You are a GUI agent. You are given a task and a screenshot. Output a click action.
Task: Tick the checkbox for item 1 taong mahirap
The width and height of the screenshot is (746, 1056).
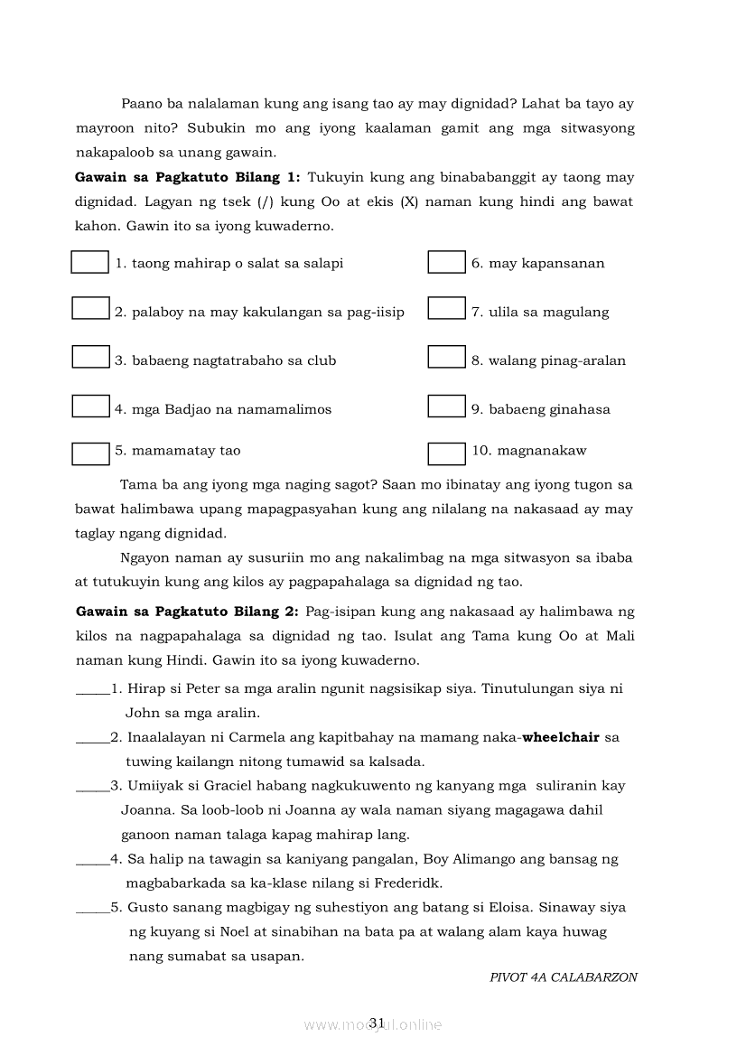point(89,262)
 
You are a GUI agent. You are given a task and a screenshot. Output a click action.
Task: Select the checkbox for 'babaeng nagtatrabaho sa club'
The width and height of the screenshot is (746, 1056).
point(90,357)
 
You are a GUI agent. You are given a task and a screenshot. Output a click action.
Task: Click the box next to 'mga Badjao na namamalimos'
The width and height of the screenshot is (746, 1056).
point(90,406)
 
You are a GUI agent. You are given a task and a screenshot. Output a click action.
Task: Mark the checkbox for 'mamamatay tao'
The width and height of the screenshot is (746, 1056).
point(90,453)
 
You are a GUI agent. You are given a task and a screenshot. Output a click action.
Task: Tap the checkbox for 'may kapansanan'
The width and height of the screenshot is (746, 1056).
point(446,262)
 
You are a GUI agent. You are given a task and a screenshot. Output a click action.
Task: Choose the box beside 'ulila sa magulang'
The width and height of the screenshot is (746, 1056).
point(446,308)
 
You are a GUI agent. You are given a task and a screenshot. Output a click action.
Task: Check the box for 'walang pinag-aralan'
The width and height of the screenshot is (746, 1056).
point(446,357)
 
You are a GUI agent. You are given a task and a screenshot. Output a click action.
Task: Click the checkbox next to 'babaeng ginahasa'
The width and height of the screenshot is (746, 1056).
point(446,406)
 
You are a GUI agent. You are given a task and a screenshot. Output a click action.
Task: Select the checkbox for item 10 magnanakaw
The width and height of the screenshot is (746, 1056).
point(446,453)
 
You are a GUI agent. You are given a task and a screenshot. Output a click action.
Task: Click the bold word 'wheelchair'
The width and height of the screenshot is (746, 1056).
point(561,737)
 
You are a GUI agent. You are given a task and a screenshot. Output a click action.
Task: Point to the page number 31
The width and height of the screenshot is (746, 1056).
point(378,1022)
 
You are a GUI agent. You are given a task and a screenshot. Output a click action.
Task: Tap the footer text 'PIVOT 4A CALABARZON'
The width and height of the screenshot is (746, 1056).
point(563,977)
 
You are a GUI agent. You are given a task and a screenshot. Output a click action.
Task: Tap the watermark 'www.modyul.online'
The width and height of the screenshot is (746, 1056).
point(373,1024)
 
